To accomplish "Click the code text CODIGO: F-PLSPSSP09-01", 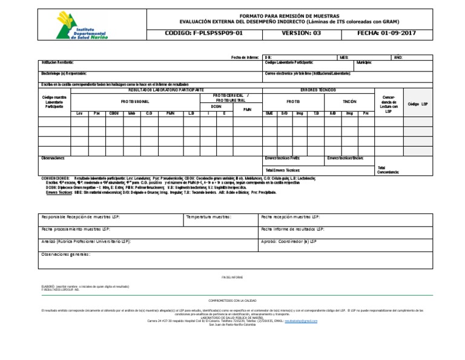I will pos(203,33).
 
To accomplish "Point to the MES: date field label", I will pos(344,57).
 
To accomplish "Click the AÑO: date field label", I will pos(398,57).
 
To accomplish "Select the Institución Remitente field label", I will pos(59,62).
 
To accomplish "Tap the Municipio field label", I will pos(364,62).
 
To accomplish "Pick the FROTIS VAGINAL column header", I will pos(135,101).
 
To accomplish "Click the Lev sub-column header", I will pos(79,113).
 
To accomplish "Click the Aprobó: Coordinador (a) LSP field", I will pos(288,241).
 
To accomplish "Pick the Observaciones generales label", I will pos(65,254).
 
